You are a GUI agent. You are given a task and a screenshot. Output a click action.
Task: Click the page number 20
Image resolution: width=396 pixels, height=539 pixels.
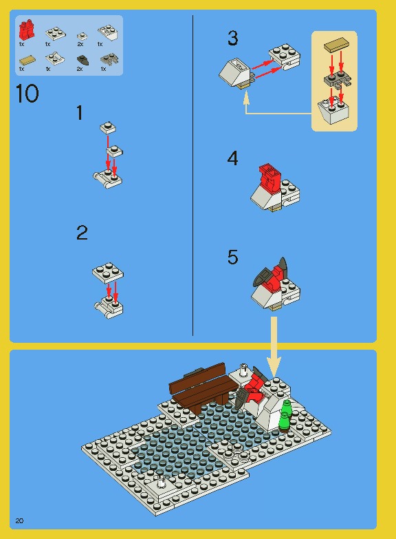(19, 519)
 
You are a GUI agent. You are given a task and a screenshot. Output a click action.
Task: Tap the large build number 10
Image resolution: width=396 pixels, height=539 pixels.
(27, 94)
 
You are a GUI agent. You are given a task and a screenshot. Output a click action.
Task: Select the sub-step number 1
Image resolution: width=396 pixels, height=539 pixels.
(80, 113)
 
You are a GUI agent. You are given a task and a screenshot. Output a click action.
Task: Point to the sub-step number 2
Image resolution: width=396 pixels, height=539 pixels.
(82, 233)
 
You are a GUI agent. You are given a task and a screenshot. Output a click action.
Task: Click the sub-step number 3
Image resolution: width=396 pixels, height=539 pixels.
(233, 37)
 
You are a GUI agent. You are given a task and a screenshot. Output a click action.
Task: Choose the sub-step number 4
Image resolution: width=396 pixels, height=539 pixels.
(233, 158)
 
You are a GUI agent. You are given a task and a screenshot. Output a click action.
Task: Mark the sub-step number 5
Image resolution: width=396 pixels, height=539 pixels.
(233, 257)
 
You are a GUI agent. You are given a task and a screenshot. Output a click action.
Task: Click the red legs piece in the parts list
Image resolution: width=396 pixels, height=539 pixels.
(27, 29)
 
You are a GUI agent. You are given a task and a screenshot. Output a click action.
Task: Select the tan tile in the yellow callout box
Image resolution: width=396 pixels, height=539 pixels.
(335, 45)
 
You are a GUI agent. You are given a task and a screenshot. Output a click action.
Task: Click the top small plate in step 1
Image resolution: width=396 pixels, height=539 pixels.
(107, 127)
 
